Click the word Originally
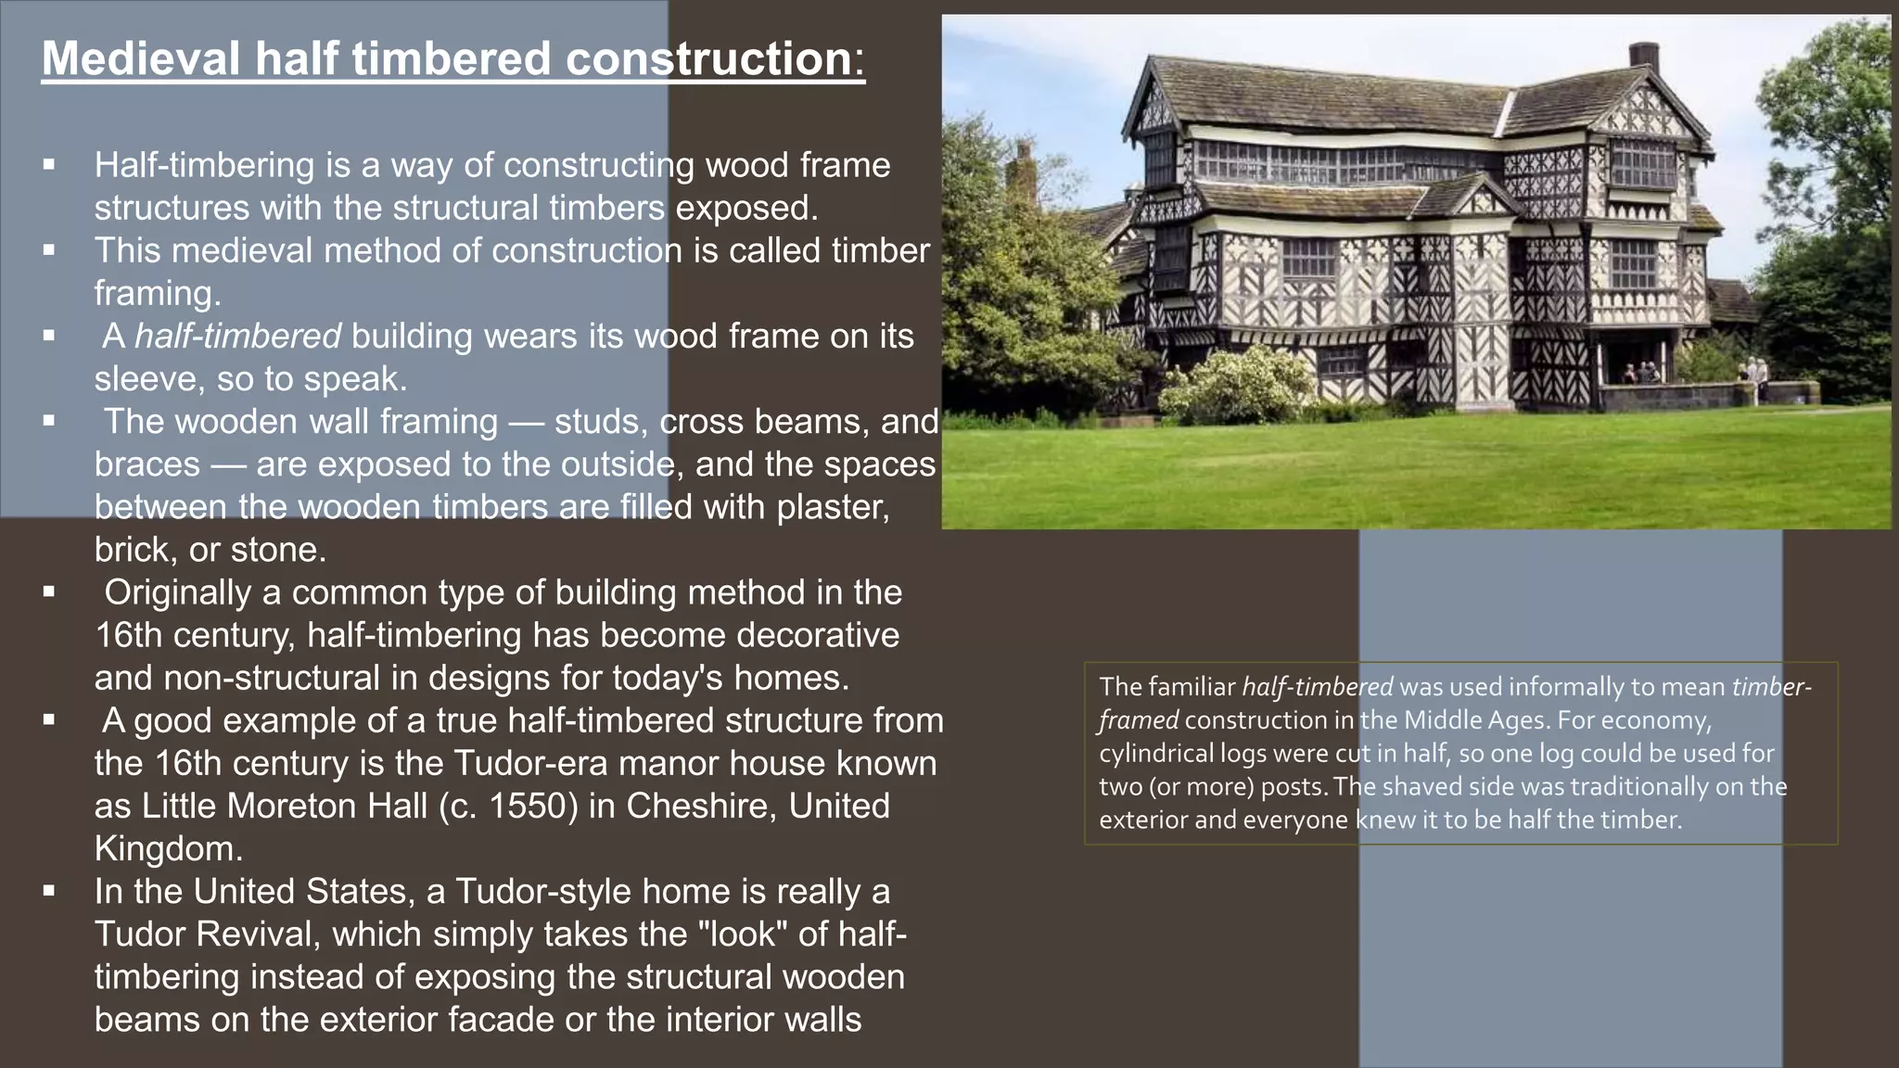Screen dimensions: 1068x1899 point(177,592)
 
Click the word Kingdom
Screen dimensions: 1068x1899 point(168,848)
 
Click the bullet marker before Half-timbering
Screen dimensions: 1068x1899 point(49,166)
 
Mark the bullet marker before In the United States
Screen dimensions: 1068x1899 point(49,892)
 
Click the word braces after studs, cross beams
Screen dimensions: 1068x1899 point(147,464)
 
